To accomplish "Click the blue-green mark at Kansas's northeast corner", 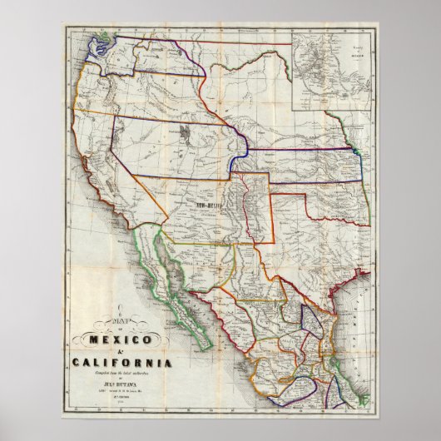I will pyautogui.click(x=355, y=153).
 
